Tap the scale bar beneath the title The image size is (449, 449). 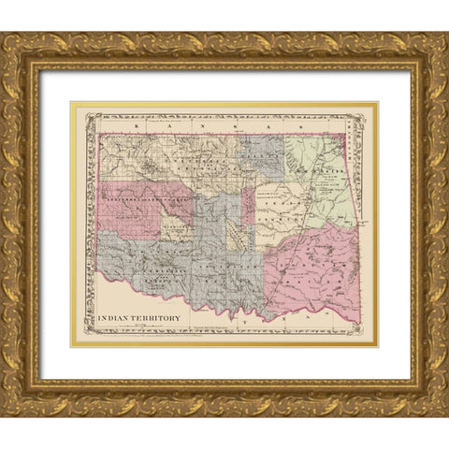[131, 326]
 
